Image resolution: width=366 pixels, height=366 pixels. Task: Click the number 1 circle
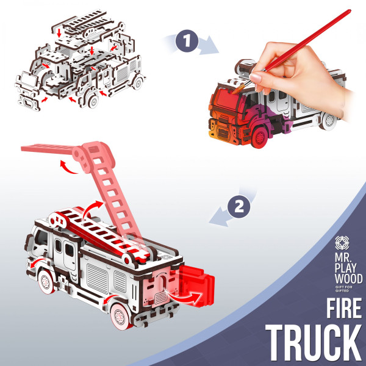coord(187,41)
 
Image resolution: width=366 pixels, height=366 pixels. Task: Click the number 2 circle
coord(239,207)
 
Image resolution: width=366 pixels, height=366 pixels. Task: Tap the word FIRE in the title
coord(344,308)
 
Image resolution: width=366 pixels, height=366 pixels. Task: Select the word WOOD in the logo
coord(348,279)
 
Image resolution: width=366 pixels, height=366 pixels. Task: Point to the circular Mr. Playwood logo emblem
coord(342,243)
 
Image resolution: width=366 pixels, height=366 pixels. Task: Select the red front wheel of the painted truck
coord(259,138)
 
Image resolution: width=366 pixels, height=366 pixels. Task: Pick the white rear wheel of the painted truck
coord(329,120)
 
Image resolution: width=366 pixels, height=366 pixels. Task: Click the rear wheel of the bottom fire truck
coord(120,316)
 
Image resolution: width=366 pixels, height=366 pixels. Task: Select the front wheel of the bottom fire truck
coord(46,282)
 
